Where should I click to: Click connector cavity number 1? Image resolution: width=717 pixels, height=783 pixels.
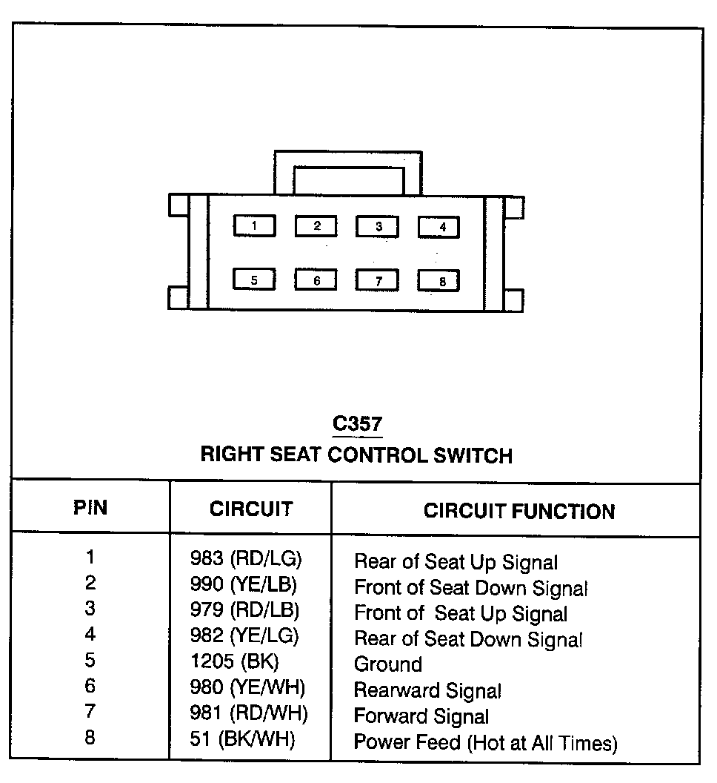click(254, 225)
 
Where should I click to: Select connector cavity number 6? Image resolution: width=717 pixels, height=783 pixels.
click(316, 280)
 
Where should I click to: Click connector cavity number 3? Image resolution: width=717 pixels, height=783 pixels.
click(378, 226)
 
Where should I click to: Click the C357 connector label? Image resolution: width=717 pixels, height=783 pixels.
click(357, 424)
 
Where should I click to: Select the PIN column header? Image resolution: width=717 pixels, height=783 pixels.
click(90, 508)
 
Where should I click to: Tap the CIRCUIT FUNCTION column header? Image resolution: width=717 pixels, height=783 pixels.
click(518, 511)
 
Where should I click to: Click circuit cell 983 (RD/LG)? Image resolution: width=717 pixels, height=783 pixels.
click(247, 559)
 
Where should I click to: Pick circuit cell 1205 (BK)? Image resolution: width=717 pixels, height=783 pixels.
click(234, 661)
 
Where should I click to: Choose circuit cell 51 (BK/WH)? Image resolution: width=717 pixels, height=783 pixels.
click(242, 739)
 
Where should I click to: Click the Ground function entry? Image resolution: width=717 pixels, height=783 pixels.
click(387, 664)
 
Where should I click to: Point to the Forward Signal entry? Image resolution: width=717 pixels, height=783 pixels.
click(421, 716)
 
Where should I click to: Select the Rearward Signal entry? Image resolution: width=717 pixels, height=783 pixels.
click(427, 690)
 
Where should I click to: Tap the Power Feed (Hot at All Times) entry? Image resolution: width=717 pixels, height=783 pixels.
click(485, 742)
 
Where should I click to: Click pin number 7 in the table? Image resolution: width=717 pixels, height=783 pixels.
click(90, 713)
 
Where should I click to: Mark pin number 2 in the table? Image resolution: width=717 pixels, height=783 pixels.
click(90, 584)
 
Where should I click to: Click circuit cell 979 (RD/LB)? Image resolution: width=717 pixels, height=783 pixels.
click(244, 610)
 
